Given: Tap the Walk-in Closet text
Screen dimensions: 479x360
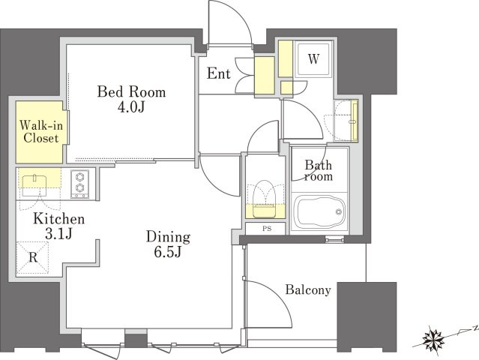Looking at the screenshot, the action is (x=41, y=132).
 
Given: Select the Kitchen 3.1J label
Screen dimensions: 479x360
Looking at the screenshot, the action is (x=58, y=226).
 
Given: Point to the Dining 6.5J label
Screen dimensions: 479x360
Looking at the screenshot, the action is (x=168, y=244).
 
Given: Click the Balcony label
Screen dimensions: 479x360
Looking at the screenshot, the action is (x=308, y=289).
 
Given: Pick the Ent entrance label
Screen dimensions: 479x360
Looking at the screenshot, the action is (x=218, y=73).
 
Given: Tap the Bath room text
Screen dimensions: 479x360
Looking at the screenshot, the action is (x=319, y=170).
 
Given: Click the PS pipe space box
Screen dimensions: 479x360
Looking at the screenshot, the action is (x=266, y=229).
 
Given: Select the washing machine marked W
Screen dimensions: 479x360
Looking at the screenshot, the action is (x=313, y=58).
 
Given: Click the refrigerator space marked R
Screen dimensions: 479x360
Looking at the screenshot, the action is (x=32, y=258).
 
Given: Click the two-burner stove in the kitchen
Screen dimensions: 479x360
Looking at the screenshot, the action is (x=80, y=184).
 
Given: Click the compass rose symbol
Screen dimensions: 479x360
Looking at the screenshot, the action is (x=433, y=339).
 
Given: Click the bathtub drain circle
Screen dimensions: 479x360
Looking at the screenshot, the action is (x=338, y=211).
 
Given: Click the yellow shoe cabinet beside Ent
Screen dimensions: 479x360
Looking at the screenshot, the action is (x=265, y=75).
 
